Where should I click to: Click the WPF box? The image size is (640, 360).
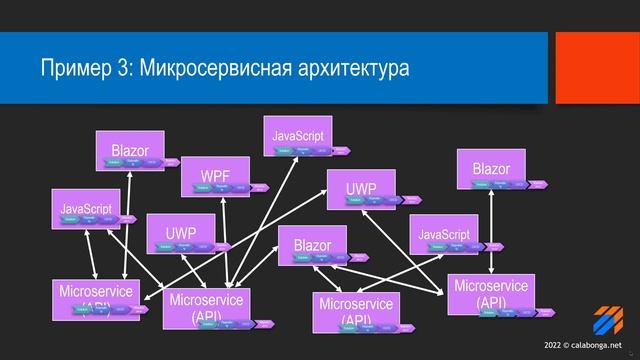(x=215, y=176)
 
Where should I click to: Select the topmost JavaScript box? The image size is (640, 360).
(x=298, y=135)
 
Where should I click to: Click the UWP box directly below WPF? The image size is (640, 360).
(x=181, y=233)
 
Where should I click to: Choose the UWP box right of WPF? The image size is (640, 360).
(x=361, y=188)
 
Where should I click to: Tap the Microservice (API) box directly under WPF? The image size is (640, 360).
(x=205, y=306)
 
